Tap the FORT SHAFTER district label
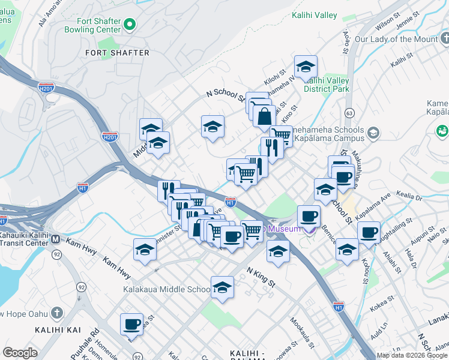click(117, 53)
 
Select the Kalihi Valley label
click(315, 15)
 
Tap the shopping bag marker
click(264, 117)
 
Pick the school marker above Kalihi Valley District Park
click(306, 67)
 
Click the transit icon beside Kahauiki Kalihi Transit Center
click(55, 239)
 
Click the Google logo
click(20, 353)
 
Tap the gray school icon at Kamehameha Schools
click(373, 132)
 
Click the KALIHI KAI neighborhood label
click(58, 331)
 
